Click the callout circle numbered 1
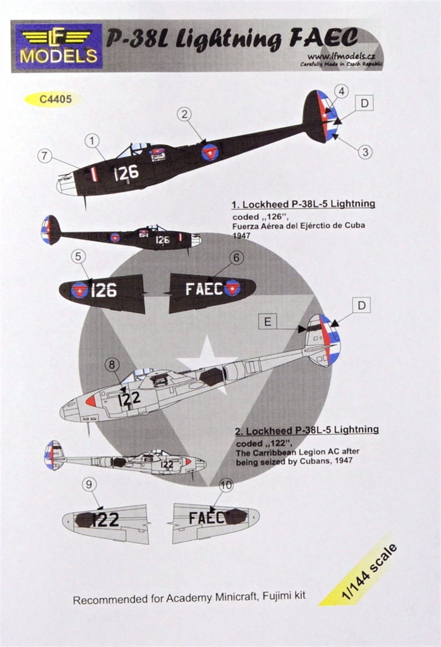(x=92, y=141)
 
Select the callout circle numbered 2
(x=184, y=115)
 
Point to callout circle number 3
(x=364, y=151)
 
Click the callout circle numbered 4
(x=341, y=91)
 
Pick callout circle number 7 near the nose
(x=46, y=156)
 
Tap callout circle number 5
(x=79, y=257)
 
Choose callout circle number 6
(x=236, y=257)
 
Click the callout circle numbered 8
(x=112, y=364)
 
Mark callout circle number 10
(x=226, y=485)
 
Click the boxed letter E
(x=268, y=322)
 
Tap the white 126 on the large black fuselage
(x=127, y=173)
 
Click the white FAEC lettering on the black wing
(x=204, y=288)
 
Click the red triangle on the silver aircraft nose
(x=91, y=400)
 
